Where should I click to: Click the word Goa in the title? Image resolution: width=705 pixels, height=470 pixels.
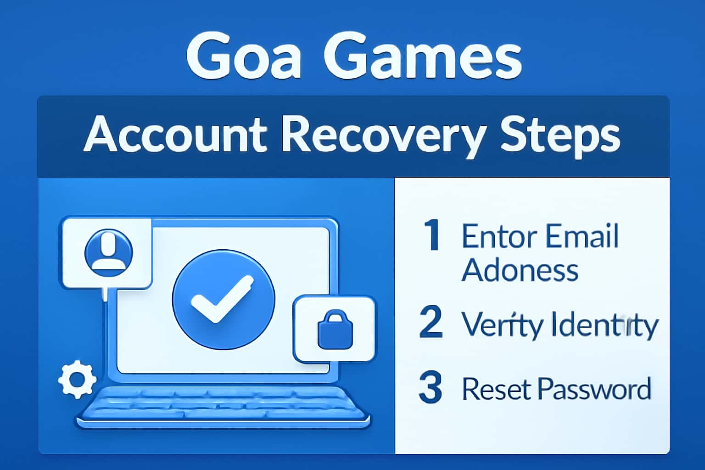[244, 58]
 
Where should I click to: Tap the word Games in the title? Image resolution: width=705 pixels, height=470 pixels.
[423, 58]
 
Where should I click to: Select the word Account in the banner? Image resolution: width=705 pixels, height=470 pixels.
[175, 134]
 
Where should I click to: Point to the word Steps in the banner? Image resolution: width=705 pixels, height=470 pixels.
[560, 135]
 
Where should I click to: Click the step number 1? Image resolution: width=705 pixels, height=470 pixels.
[431, 235]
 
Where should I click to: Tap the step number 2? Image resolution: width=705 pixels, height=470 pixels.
[431, 322]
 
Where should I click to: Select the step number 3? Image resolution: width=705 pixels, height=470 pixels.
[431, 388]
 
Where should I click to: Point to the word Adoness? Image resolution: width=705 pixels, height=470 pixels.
[520, 269]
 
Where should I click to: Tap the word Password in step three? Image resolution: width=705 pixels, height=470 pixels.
[595, 389]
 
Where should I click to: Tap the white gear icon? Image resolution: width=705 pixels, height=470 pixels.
[77, 380]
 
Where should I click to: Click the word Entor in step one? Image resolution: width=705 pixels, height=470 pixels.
[499, 236]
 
